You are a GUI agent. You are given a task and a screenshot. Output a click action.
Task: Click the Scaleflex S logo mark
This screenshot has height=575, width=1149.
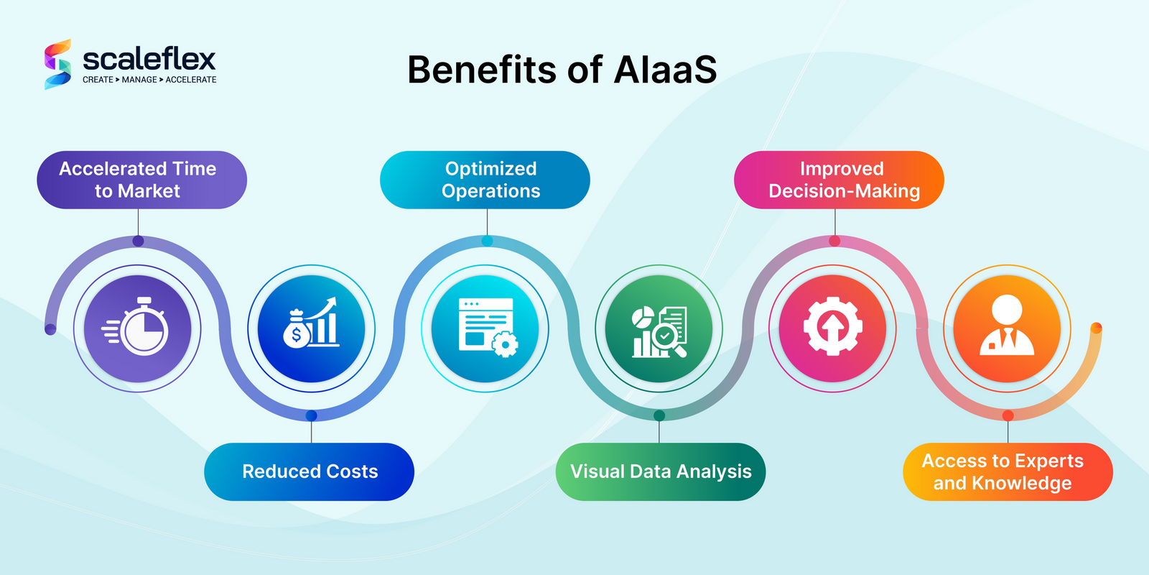point(58,64)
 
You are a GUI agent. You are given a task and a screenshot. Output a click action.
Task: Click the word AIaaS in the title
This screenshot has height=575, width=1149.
point(665,70)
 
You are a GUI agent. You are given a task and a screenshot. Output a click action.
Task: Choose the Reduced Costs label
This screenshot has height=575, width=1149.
point(310,471)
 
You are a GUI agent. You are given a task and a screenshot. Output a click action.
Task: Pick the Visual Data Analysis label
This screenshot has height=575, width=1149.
point(661,471)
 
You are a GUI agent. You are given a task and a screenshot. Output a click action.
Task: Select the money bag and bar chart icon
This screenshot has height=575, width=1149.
point(312,328)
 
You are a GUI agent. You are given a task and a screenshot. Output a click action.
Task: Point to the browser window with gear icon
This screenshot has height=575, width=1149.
point(485,328)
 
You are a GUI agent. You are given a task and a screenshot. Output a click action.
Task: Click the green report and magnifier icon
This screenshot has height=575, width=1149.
point(659,328)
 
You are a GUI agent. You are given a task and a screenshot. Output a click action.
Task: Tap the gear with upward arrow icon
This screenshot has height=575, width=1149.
point(833,328)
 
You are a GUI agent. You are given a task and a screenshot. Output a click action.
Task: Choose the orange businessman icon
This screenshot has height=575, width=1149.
point(1007,328)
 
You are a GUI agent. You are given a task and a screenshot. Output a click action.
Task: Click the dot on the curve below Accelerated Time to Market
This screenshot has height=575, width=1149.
point(138,241)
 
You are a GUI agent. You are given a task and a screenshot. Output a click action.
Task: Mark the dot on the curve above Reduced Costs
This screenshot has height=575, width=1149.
point(311,415)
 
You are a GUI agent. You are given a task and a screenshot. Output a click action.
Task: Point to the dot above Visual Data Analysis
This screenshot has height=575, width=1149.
point(659,415)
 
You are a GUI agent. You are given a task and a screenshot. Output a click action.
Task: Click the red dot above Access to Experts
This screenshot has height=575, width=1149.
point(1008,415)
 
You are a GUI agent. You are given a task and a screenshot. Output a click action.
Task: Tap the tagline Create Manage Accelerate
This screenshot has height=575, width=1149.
point(149,80)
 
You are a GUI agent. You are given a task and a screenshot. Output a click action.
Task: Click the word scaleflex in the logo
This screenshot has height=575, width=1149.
point(149,59)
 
